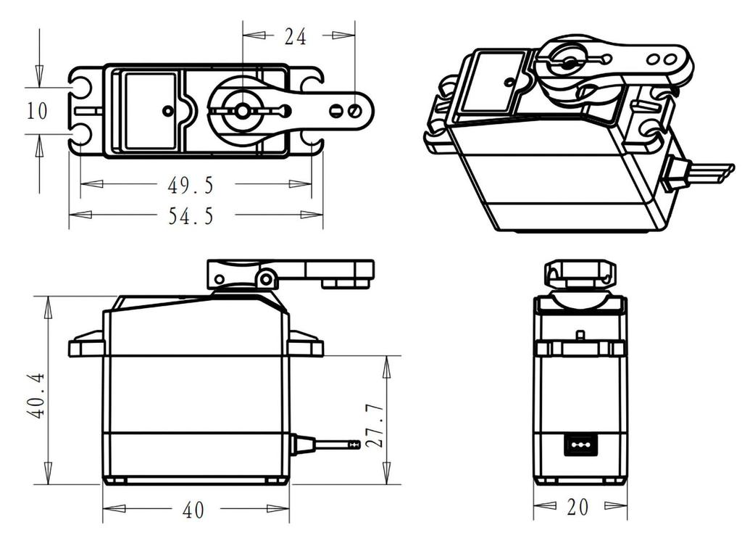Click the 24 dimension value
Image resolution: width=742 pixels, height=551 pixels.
[x=296, y=36]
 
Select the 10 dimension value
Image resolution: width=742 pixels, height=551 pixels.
[x=37, y=111]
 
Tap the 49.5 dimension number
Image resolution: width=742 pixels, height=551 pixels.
[x=191, y=186]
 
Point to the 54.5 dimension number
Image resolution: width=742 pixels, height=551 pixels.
[x=191, y=216]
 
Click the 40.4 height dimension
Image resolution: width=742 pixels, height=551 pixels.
[x=37, y=395]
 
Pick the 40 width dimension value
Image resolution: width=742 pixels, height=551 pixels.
[x=193, y=510]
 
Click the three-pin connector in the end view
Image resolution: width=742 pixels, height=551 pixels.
[x=580, y=444]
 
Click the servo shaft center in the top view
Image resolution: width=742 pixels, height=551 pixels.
[x=242, y=111]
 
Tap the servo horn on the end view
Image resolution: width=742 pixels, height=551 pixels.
[x=580, y=275]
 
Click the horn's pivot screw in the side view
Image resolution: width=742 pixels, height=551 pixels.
[x=267, y=278]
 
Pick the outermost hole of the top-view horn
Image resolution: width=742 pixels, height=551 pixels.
[x=354, y=111]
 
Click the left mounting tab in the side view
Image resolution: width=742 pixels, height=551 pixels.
[x=87, y=345]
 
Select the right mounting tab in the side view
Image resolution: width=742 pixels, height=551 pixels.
[x=305, y=345]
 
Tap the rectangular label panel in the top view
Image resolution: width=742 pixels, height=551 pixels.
[x=151, y=110]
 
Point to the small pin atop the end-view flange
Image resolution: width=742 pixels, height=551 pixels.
[x=580, y=336]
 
